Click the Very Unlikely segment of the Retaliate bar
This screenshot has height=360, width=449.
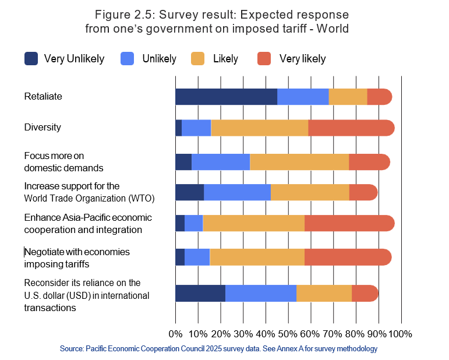pyautogui.click(x=226, y=97)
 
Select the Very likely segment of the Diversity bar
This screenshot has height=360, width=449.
pyautogui.click(x=351, y=128)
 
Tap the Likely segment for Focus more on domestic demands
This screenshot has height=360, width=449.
pyautogui.click(x=299, y=162)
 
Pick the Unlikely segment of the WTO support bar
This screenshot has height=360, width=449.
pyautogui.click(x=238, y=192)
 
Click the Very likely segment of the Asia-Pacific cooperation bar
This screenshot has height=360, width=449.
pyautogui.click(x=349, y=223)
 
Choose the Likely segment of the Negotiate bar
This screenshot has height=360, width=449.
pyautogui.click(x=257, y=257)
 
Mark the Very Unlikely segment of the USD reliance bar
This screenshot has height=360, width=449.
pyautogui.click(x=200, y=294)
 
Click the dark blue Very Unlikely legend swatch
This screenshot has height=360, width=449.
pyautogui.click(x=31, y=58)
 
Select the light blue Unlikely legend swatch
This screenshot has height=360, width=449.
pyautogui.click(x=127, y=58)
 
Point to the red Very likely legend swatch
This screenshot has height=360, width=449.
pyautogui.click(x=264, y=58)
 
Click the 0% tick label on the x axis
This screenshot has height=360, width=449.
pyautogui.click(x=175, y=334)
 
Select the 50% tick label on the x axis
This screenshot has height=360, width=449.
pyautogui.click(x=288, y=334)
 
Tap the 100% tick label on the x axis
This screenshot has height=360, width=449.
pyautogui.click(x=400, y=334)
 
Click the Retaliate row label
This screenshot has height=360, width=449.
pyautogui.click(x=43, y=96)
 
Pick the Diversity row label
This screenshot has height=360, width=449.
pyautogui.click(x=43, y=127)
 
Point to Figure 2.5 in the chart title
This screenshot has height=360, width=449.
pyautogui.click(x=121, y=14)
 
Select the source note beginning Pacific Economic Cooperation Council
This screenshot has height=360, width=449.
pyautogui.click(x=218, y=349)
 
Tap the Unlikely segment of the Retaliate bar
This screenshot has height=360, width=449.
pyautogui.click(x=303, y=97)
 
